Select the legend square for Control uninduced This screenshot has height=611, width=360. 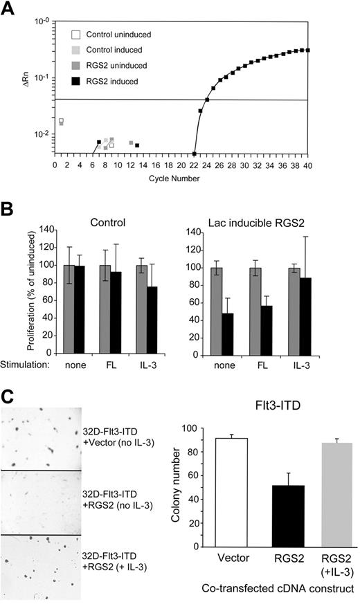[x=80, y=35]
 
